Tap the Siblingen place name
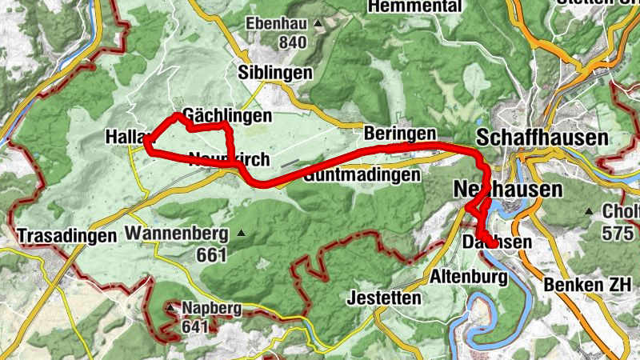274,73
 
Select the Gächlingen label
227,115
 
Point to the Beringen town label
400,133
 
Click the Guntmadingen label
362,174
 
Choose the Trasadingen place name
66,236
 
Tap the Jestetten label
385,298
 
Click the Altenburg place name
469,278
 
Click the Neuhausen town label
507,190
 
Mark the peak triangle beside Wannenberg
240,234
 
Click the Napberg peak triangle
170,307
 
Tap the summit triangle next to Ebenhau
318,24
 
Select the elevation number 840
293,42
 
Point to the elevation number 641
195,326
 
